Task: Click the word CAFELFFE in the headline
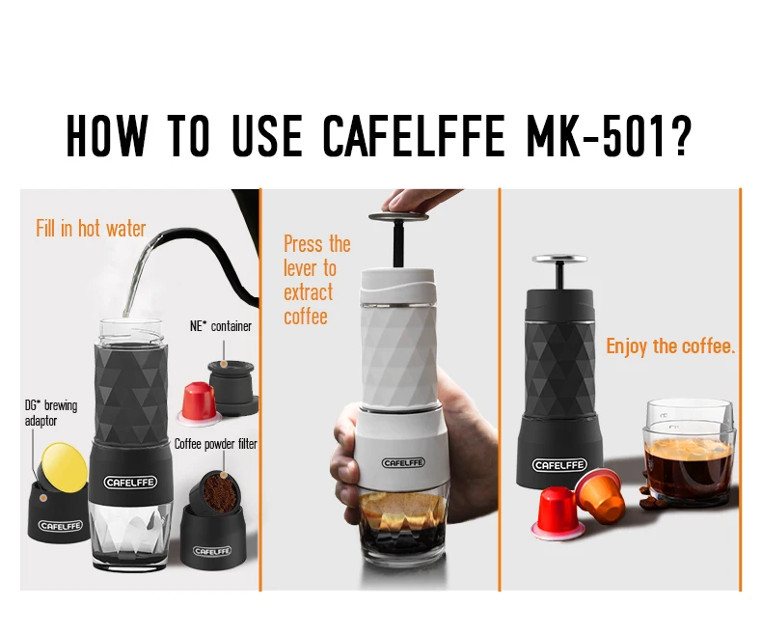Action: (x=414, y=136)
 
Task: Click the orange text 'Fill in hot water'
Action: (x=91, y=229)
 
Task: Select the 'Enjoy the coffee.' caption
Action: (x=670, y=346)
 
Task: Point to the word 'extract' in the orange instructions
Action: (x=308, y=292)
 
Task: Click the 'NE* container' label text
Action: (x=221, y=326)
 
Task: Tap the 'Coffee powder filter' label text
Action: (x=215, y=443)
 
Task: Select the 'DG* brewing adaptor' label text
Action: (x=51, y=413)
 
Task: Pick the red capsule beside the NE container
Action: (x=200, y=403)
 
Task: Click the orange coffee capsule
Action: (x=601, y=493)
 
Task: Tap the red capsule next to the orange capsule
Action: (x=557, y=513)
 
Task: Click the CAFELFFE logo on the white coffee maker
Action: (x=403, y=463)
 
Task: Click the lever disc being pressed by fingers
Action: (x=399, y=216)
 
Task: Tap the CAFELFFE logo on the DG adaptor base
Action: (x=60, y=525)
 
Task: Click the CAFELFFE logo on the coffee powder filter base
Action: (x=212, y=551)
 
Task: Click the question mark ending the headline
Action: (x=680, y=136)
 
